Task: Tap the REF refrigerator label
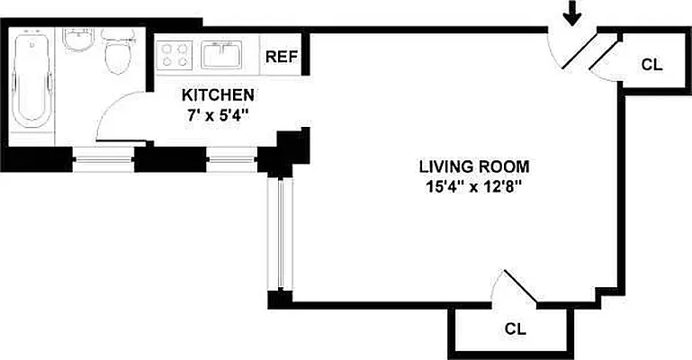point(282,56)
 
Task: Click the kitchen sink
point(220,56)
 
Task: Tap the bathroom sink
point(77,42)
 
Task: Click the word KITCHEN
point(218,95)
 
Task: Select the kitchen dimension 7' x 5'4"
point(218,114)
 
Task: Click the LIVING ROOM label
point(473,166)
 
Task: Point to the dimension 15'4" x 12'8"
point(473,187)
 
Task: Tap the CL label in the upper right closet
point(652,64)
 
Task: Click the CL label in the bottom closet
point(514,328)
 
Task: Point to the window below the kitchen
point(232,162)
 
